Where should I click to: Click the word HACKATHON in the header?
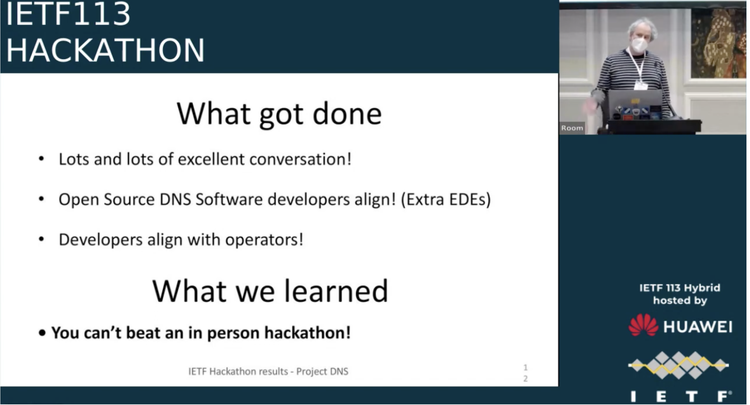point(105,50)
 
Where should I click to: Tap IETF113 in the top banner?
point(68,14)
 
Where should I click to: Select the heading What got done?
point(279,114)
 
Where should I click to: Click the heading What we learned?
point(270,291)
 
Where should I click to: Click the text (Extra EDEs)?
point(446,199)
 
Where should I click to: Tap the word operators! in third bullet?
point(264,240)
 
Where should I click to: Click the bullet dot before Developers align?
point(41,239)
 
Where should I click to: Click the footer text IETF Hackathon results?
point(238,372)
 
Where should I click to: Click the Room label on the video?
point(572,128)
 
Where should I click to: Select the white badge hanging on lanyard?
point(640,85)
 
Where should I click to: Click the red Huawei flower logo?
point(643,326)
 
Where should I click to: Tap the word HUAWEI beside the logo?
point(698,327)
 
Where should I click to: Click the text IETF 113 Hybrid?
point(680,288)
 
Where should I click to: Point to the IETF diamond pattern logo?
point(679,365)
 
